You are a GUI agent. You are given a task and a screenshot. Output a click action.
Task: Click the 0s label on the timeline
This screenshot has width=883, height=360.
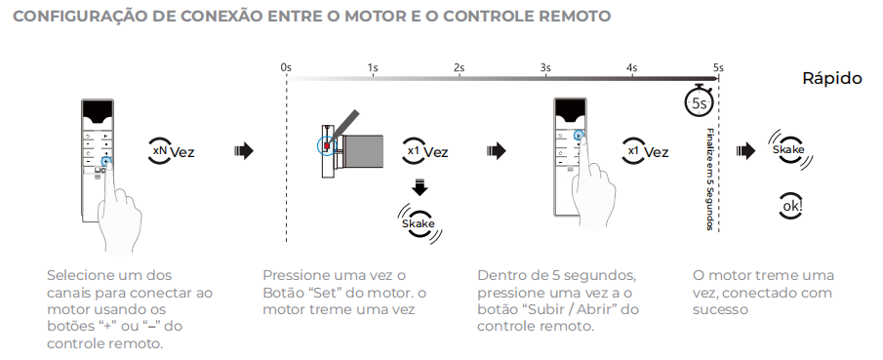pyautogui.click(x=286, y=67)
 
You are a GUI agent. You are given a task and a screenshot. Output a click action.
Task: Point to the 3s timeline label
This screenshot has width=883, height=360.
pyautogui.click(x=545, y=67)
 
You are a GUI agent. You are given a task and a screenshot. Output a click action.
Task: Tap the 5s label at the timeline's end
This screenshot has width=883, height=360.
pyautogui.click(x=718, y=67)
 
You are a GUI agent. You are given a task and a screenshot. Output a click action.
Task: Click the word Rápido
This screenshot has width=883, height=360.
pyautogui.click(x=831, y=78)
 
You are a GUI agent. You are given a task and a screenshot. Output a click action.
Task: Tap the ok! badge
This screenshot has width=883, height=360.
pyautogui.click(x=791, y=206)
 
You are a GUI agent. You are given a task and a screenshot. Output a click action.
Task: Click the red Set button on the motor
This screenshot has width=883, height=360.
pyautogui.click(x=327, y=146)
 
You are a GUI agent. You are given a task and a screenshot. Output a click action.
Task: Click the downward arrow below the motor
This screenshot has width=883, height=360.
pyautogui.click(x=420, y=187)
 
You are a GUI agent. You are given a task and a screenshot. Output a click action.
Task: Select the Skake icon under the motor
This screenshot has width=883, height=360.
pyautogui.click(x=419, y=223)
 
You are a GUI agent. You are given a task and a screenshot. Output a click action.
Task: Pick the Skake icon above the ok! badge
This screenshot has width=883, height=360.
pyautogui.click(x=788, y=150)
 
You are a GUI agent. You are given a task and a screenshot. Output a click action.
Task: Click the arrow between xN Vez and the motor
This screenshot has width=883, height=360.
pyautogui.click(x=243, y=151)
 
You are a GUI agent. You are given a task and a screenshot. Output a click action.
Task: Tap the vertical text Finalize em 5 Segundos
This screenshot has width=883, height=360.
pyautogui.click(x=709, y=180)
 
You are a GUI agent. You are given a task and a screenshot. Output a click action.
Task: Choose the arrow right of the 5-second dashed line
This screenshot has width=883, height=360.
pyautogui.click(x=745, y=151)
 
